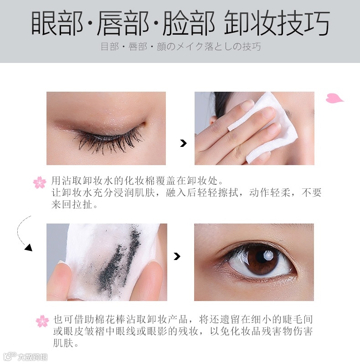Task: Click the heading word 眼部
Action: point(57,23)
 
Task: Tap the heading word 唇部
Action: point(123,23)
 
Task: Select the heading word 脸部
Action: point(188,23)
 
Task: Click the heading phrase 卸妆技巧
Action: point(277,23)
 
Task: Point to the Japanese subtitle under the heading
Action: point(181,47)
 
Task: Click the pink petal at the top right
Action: point(334,98)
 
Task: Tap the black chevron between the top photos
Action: point(183,143)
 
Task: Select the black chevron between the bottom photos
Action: point(177,256)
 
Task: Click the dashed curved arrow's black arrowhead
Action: point(29,248)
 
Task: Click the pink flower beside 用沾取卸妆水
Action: point(40,182)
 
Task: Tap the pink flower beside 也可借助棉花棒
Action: point(42,321)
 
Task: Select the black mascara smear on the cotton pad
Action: point(118,262)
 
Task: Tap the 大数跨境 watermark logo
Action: point(25,357)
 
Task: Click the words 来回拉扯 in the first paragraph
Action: point(72,204)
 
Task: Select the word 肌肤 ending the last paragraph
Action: point(63,343)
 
